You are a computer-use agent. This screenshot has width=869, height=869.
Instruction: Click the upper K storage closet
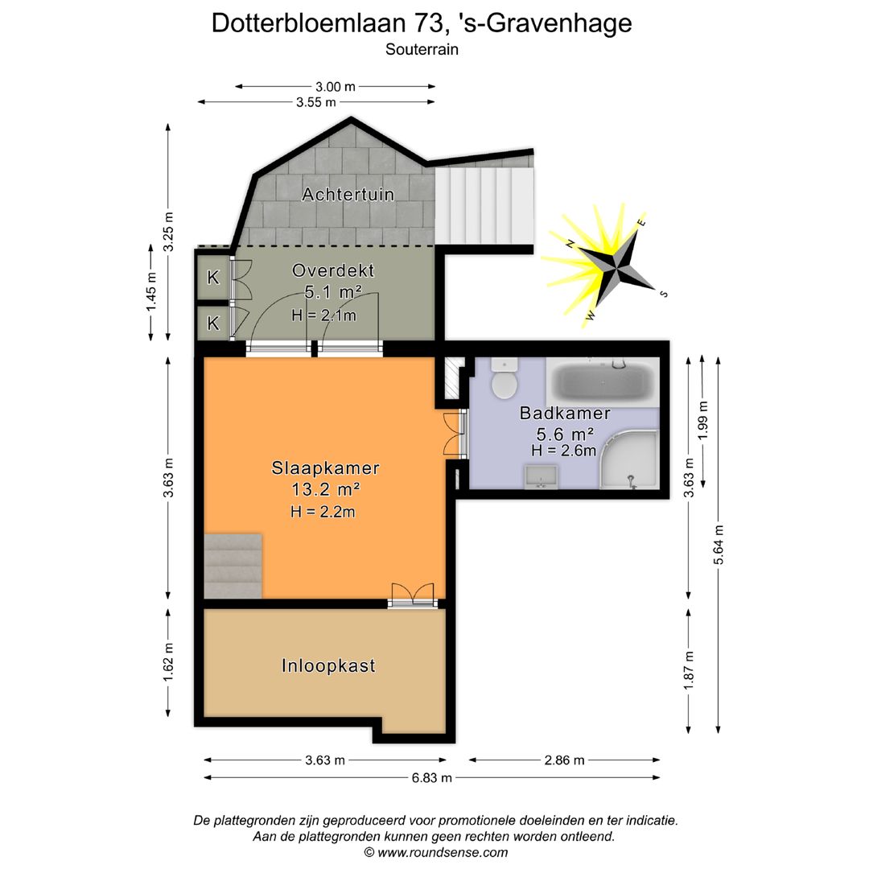[x=213, y=278]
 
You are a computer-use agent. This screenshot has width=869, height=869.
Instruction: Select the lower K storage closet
[x=213, y=323]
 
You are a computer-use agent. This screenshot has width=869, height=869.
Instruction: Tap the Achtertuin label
[x=348, y=194]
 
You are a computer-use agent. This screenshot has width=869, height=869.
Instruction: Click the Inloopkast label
[x=328, y=666]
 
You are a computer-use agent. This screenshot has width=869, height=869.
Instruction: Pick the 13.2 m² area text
[x=325, y=488]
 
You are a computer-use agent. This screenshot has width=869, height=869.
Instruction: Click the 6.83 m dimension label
[x=432, y=777]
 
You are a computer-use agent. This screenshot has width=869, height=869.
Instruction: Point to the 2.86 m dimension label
[x=564, y=760]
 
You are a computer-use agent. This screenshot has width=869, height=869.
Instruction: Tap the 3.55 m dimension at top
[x=316, y=102]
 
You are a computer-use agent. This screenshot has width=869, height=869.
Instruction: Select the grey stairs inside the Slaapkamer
[x=233, y=566]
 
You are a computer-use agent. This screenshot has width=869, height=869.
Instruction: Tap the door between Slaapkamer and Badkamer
[x=454, y=434]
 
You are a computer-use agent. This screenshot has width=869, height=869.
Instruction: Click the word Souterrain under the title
[x=422, y=49]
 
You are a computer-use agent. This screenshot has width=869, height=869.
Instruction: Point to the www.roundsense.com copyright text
[x=435, y=852]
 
